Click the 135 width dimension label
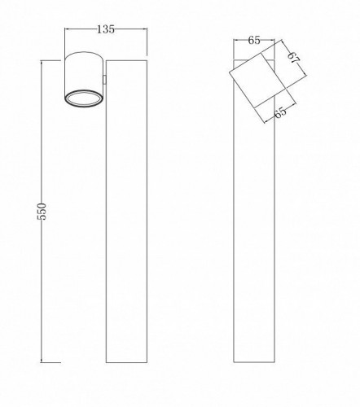point(106,29)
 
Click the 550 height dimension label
point(43,211)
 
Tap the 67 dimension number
point(294,58)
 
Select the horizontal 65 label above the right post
point(254,41)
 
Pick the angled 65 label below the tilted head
point(280,112)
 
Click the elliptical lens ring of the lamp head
point(84,98)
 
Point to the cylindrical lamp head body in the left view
point(84,79)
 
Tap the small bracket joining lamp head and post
point(104,80)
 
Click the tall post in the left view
point(126,212)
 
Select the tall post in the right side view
point(254,212)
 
